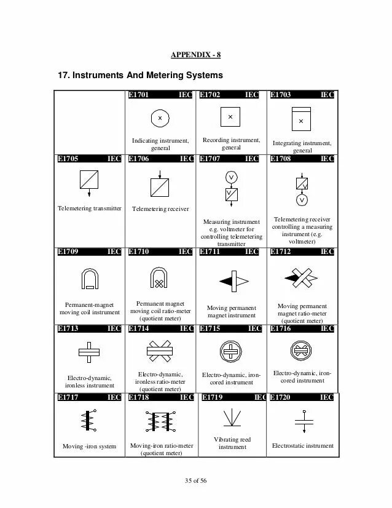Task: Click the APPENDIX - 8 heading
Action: point(196,55)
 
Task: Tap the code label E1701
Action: point(139,95)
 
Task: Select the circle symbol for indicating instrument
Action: point(160,117)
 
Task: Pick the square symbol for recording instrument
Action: point(230,116)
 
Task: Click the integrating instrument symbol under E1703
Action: point(300,118)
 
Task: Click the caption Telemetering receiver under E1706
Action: point(160,209)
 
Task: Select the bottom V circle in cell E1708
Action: point(302,200)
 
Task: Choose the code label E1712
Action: point(281,251)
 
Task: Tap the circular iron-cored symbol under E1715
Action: point(231,353)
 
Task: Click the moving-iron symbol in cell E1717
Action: point(90,421)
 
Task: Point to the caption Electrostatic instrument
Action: point(302,446)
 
